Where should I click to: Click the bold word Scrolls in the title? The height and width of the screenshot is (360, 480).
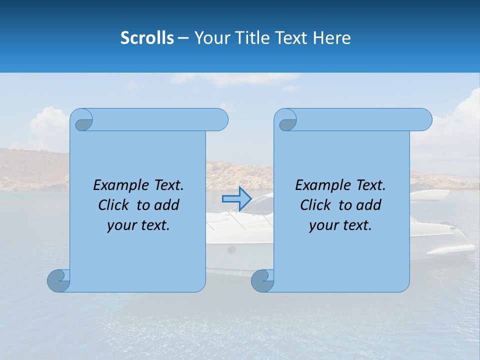[147, 38]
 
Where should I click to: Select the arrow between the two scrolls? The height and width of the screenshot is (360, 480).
[236, 199]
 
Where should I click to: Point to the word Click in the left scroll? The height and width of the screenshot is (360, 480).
[114, 205]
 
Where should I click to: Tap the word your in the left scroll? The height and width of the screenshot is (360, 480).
[121, 225]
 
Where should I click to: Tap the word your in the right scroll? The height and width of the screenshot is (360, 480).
[323, 225]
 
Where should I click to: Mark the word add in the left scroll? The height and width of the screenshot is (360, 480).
[167, 205]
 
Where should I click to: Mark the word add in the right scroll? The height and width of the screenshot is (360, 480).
[369, 205]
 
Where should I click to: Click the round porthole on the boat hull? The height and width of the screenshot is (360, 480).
[231, 249]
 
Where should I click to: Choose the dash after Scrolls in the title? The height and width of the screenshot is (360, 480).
[183, 38]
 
